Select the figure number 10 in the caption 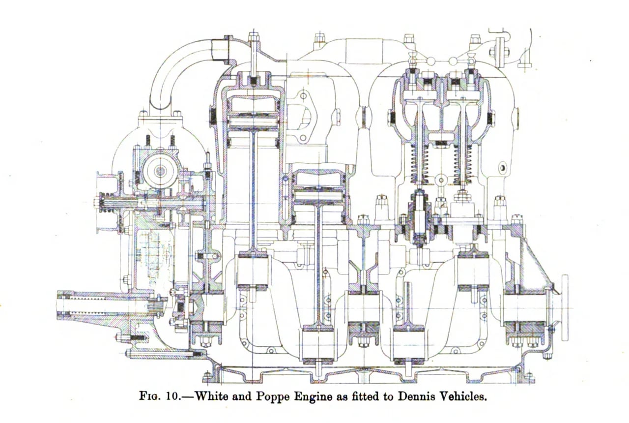172,397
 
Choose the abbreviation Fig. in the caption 150,397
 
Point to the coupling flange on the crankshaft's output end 565,308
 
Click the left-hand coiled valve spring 420,166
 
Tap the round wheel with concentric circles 161,170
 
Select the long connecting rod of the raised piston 254,194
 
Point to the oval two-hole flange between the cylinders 303,117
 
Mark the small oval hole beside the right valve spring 503,168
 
